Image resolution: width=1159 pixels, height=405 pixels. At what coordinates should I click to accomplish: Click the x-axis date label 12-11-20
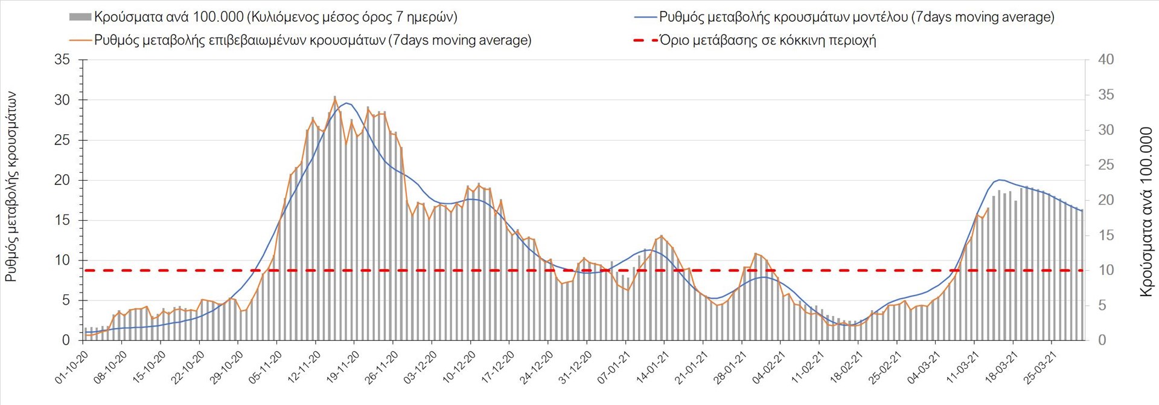[305, 367]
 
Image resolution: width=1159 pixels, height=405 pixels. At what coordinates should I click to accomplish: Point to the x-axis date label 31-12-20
[576, 367]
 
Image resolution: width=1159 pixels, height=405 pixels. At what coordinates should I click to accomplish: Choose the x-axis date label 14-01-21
[653, 367]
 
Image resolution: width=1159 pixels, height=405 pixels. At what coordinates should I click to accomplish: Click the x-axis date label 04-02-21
[769, 367]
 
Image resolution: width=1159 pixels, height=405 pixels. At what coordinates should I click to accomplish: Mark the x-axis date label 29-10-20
[227, 367]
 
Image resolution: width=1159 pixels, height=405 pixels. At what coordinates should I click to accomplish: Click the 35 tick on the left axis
[62, 60]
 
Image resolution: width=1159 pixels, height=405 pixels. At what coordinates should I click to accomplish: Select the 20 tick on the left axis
[62, 180]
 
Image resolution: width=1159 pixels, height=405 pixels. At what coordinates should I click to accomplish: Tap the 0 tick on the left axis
[66, 340]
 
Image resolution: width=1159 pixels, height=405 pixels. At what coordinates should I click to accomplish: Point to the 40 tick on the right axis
[1106, 60]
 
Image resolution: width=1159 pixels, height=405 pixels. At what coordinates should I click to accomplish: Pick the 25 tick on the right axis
[1106, 165]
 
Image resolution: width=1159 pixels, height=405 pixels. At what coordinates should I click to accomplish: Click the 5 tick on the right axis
[1102, 305]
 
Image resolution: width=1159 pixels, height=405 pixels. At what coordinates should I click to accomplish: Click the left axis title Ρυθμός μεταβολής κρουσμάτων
[11, 187]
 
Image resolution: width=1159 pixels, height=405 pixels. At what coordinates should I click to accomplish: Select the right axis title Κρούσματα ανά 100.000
[1145, 212]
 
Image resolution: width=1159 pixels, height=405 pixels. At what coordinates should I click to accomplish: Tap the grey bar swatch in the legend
[80, 17]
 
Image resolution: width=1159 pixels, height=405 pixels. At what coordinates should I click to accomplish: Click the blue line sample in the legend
[645, 17]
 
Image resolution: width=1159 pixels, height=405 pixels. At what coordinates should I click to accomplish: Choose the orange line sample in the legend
[80, 40]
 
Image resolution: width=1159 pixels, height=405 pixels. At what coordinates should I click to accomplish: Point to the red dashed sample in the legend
[645, 40]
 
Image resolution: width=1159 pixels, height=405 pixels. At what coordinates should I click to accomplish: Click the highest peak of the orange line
[335, 99]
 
